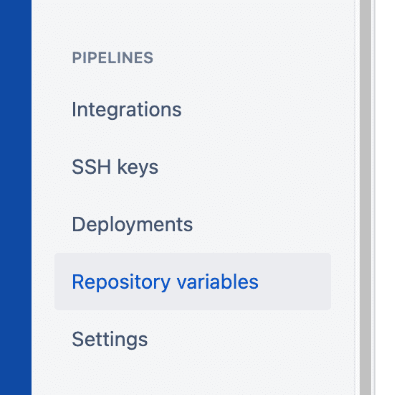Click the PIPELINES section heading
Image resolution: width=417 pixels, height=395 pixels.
coord(112,58)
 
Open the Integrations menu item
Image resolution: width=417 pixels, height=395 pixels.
coord(127,110)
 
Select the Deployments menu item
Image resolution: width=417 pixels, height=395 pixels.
coord(133,225)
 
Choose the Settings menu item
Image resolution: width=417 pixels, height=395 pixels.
coord(110,339)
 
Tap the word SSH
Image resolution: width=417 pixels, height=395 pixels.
coord(92,167)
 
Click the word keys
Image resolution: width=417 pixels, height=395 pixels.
coord(138,167)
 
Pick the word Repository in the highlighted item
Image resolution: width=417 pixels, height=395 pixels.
coord(121,282)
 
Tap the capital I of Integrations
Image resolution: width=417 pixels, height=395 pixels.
coord(75,109)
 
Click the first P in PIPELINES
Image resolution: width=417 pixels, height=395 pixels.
coord(77,58)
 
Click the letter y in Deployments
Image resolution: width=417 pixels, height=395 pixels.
coord(132,228)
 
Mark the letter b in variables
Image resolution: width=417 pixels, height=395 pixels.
coord(225,282)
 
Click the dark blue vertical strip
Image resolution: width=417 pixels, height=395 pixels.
coord(16,197)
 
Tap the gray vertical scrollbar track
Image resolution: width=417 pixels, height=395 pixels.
coord(365,197)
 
